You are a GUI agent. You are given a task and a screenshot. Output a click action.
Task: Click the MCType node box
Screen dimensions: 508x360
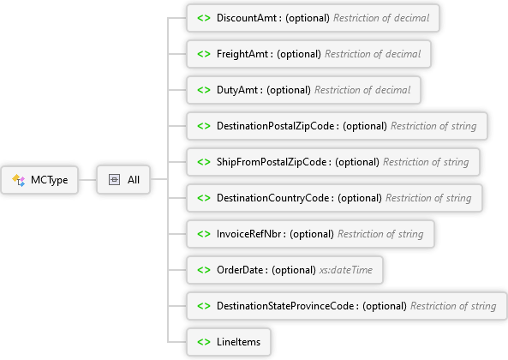(x=39, y=180)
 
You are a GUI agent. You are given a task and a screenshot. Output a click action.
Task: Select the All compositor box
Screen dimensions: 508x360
(x=123, y=180)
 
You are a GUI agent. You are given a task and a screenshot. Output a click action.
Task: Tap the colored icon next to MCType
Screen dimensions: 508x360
(x=19, y=180)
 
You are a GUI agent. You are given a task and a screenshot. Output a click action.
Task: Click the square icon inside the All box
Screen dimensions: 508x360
(x=114, y=180)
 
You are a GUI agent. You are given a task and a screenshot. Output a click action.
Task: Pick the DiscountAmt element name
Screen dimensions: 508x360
(x=247, y=18)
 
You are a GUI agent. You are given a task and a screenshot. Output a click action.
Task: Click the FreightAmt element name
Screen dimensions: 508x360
(x=242, y=54)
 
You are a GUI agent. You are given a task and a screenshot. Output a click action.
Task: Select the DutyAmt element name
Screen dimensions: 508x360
(x=237, y=90)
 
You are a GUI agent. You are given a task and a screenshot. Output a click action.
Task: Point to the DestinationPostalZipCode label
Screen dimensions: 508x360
(x=275, y=126)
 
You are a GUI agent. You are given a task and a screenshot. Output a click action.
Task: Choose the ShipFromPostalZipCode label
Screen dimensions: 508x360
(x=272, y=162)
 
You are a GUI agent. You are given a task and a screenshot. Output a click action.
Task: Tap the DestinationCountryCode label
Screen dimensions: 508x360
(x=272, y=198)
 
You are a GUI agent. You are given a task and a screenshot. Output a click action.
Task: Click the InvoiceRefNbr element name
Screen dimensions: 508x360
(x=248, y=234)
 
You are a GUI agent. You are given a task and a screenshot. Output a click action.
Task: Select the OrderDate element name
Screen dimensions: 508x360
(x=240, y=270)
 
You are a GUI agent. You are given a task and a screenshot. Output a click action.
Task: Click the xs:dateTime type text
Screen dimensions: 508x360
(x=346, y=270)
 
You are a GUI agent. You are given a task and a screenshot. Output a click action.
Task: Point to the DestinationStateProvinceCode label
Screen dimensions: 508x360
(x=285, y=306)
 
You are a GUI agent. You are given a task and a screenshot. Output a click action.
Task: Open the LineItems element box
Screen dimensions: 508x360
(x=229, y=342)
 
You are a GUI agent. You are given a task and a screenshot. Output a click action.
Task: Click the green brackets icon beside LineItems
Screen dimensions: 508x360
(x=204, y=342)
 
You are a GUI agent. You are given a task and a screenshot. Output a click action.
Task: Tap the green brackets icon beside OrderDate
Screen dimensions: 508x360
(x=204, y=270)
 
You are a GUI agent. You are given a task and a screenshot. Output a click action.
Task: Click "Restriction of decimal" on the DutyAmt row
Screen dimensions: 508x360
(x=362, y=90)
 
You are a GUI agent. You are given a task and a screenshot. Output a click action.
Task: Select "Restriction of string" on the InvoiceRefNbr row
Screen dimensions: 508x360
(x=380, y=234)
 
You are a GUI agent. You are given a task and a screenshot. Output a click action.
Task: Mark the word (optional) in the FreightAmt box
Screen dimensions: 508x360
(x=299, y=54)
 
